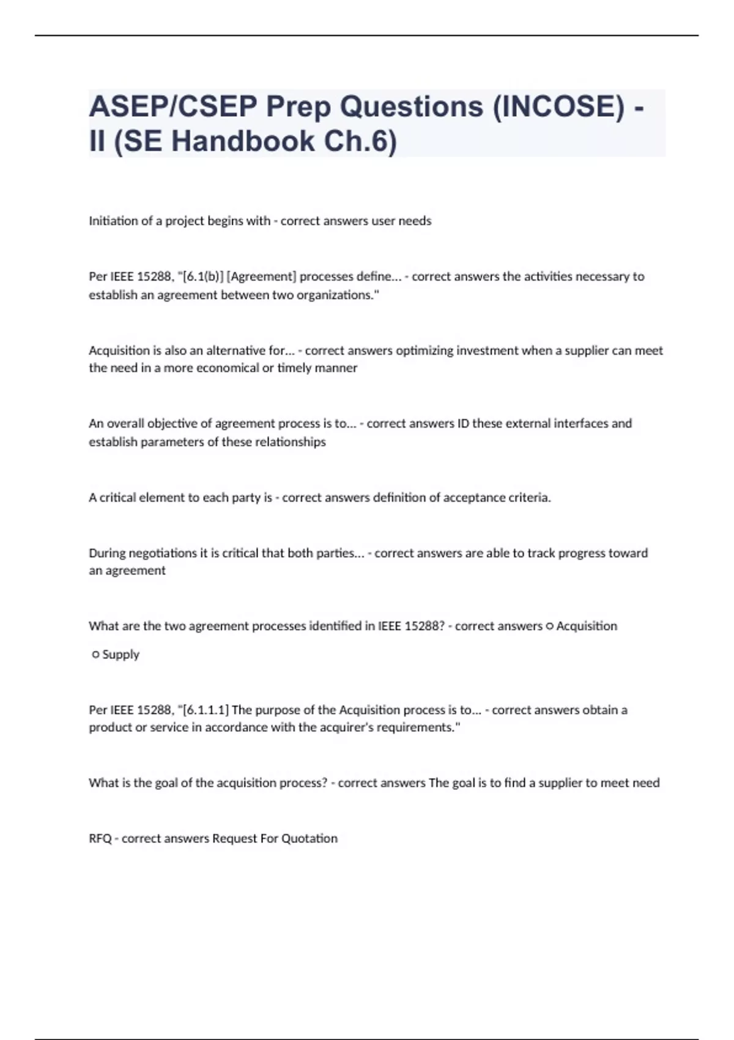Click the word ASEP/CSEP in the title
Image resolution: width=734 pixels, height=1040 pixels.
(x=173, y=107)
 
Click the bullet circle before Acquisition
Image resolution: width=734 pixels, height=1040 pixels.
(x=549, y=626)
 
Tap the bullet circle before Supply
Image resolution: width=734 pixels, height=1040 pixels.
(x=95, y=655)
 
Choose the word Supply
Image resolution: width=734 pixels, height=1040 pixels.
(x=121, y=655)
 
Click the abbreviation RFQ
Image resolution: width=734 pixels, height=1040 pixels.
(x=100, y=839)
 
